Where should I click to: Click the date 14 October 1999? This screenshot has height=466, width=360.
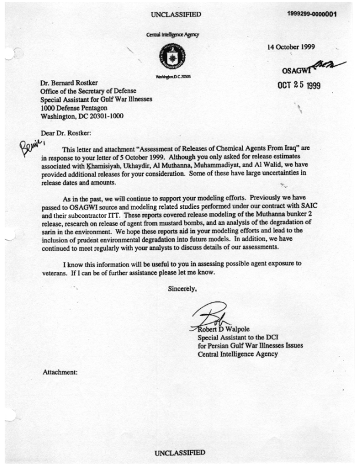[292, 47]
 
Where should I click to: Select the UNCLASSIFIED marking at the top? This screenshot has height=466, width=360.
[176, 14]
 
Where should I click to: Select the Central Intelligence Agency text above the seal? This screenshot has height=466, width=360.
[173, 35]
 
